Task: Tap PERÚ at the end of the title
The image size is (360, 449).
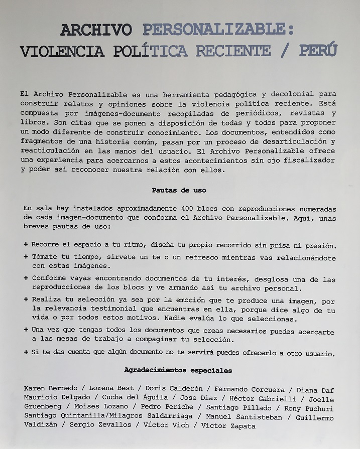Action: coord(318,51)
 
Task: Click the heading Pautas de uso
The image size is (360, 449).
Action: coord(179,191)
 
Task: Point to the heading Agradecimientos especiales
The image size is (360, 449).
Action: coord(178,371)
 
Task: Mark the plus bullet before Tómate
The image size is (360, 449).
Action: coord(26,256)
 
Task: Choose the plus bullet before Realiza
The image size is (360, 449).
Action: coord(26,299)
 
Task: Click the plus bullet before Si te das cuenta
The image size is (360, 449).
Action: coord(26,353)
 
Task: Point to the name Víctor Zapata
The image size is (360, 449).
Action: coord(228,426)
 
